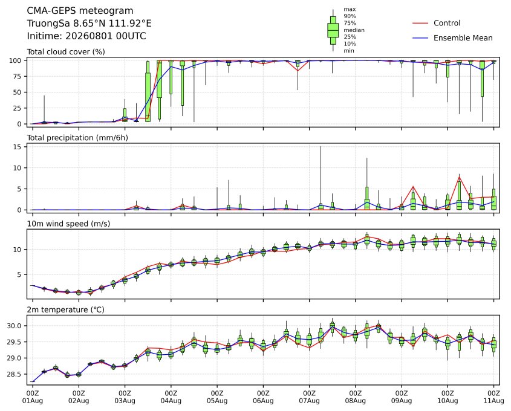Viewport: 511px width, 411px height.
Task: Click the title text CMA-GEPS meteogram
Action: tap(80, 11)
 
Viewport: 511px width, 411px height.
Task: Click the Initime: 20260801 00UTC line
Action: tap(86, 36)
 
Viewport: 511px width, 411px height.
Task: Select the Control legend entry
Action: tap(437, 23)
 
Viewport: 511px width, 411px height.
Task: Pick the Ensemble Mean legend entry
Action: tap(453, 38)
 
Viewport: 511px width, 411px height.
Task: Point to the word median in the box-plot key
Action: tap(354, 30)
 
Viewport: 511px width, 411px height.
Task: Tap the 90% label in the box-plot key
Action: tap(350, 16)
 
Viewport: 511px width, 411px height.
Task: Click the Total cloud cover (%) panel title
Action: tap(66, 52)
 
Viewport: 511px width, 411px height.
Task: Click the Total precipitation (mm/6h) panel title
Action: tap(77, 138)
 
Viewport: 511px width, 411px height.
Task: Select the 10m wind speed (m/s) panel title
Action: tap(68, 224)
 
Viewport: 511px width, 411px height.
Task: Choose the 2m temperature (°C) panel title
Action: tap(65, 309)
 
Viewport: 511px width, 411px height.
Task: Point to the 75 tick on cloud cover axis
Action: tap(18, 77)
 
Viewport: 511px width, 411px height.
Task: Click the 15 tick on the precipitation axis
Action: tap(18, 147)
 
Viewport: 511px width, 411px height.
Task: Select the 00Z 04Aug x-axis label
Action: tap(171, 396)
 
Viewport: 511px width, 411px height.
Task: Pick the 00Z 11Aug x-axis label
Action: tap(493, 396)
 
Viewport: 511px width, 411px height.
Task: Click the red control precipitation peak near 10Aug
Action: tap(459, 177)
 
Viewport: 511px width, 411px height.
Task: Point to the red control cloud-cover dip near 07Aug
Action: tap(298, 71)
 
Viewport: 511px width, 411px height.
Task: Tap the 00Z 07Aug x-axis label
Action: tap(309, 396)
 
